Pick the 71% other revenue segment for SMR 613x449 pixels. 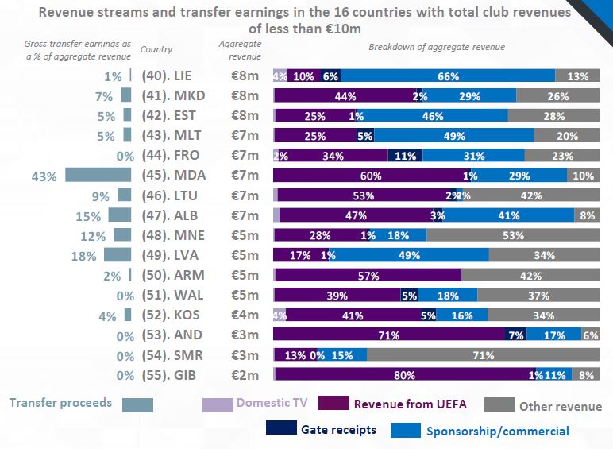pos(483,354)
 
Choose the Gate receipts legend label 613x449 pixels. pos(338,430)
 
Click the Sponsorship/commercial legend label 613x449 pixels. pos(497,432)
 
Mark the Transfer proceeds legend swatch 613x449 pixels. pos(137,404)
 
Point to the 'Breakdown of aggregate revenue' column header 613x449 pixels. pos(436,48)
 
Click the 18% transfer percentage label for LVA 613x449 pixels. pos(84,256)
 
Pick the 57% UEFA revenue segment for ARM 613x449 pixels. pos(368,275)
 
